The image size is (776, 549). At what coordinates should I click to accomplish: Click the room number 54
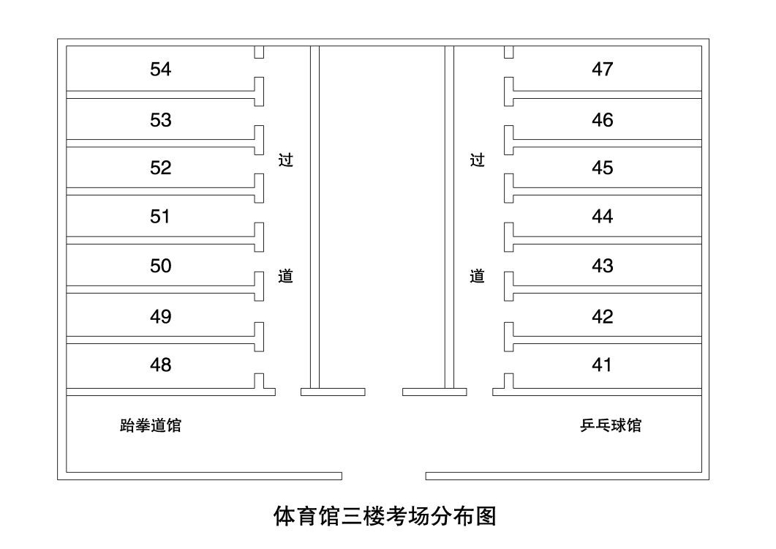[x=160, y=70]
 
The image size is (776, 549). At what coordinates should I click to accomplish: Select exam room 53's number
[x=160, y=120]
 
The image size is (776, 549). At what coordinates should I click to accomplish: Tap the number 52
[x=160, y=168]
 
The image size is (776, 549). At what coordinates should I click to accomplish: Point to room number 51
[x=160, y=217]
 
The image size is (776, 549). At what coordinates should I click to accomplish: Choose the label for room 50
[x=160, y=266]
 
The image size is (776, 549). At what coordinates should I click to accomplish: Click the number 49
[x=160, y=317]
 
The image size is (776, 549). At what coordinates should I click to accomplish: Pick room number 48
[x=160, y=365]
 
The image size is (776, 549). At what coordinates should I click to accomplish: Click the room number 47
[x=602, y=70]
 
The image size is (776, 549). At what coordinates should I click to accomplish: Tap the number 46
[x=602, y=120]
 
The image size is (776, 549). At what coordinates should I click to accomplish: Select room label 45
[x=602, y=168]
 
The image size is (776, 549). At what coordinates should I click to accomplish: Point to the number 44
[x=602, y=217]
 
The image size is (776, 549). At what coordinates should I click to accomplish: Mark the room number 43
[x=602, y=266]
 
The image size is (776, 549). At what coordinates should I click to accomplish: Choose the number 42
[x=602, y=317]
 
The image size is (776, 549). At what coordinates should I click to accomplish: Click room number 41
[x=602, y=365]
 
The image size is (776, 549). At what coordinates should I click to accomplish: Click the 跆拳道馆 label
[x=151, y=425]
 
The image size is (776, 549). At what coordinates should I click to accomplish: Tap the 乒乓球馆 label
[x=611, y=425]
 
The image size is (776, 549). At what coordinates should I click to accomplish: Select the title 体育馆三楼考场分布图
[x=385, y=516]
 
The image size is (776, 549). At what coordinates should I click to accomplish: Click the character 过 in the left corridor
[x=285, y=160]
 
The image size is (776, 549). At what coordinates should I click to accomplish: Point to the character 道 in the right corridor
[x=477, y=276]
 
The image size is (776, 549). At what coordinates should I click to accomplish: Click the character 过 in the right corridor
[x=477, y=160]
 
